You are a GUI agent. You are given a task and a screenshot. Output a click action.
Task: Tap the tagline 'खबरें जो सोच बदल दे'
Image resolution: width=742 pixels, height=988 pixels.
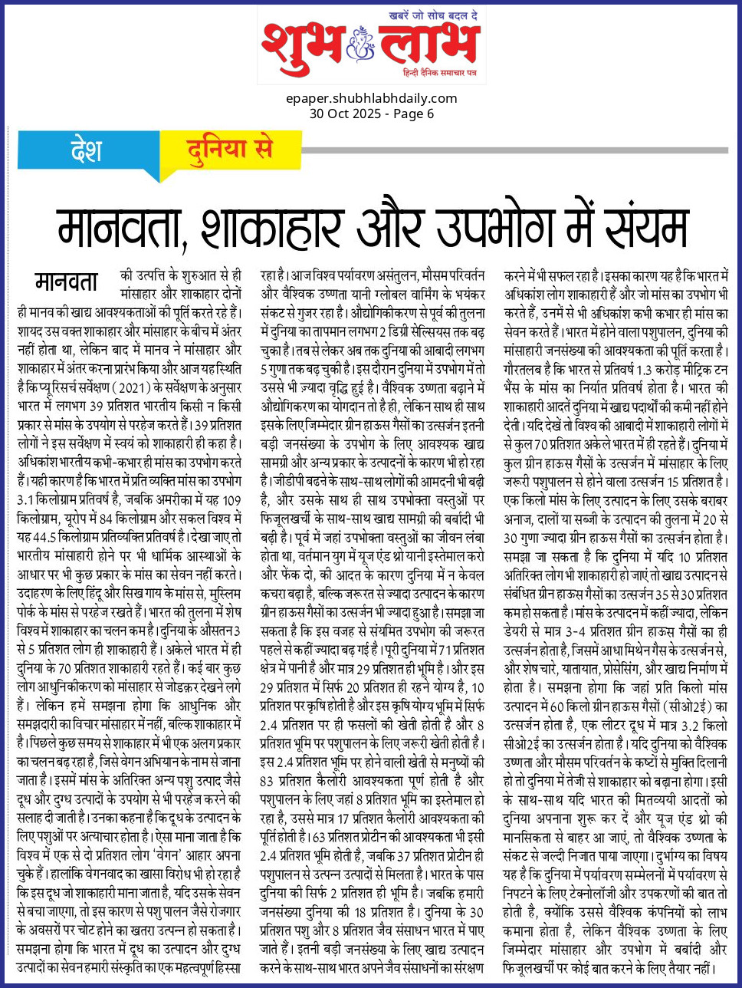433,15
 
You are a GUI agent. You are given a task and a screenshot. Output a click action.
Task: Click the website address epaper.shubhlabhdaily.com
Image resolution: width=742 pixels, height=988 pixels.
371,98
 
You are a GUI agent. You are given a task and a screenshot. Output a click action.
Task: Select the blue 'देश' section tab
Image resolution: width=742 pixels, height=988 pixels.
86,149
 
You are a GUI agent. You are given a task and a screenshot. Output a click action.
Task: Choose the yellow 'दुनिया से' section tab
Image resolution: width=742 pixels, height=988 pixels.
231,149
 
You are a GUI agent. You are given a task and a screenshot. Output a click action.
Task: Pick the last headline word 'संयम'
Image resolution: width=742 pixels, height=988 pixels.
640,226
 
